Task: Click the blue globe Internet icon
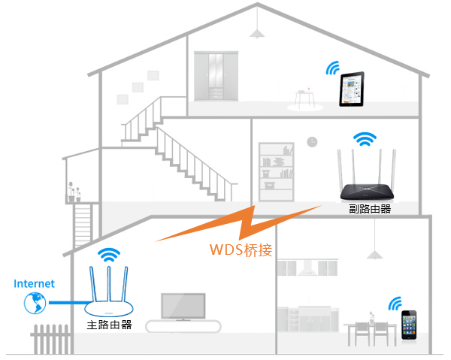click(x=34, y=304)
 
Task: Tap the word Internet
click(x=34, y=283)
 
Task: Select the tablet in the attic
click(x=350, y=89)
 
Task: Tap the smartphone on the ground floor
click(x=409, y=324)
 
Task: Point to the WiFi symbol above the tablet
click(x=331, y=68)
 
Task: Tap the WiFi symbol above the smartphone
click(x=395, y=303)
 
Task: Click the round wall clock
click(x=312, y=142)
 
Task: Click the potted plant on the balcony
click(x=73, y=192)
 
